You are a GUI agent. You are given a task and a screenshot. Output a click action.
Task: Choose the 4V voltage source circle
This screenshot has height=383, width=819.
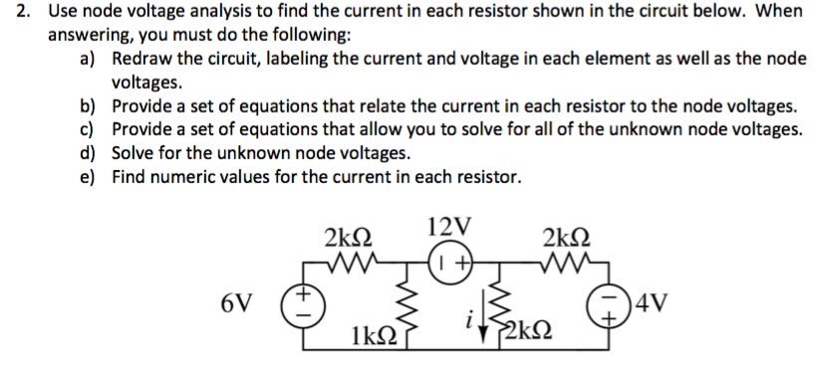click(x=610, y=302)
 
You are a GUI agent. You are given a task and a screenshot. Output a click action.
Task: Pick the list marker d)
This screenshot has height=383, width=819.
click(x=91, y=153)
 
